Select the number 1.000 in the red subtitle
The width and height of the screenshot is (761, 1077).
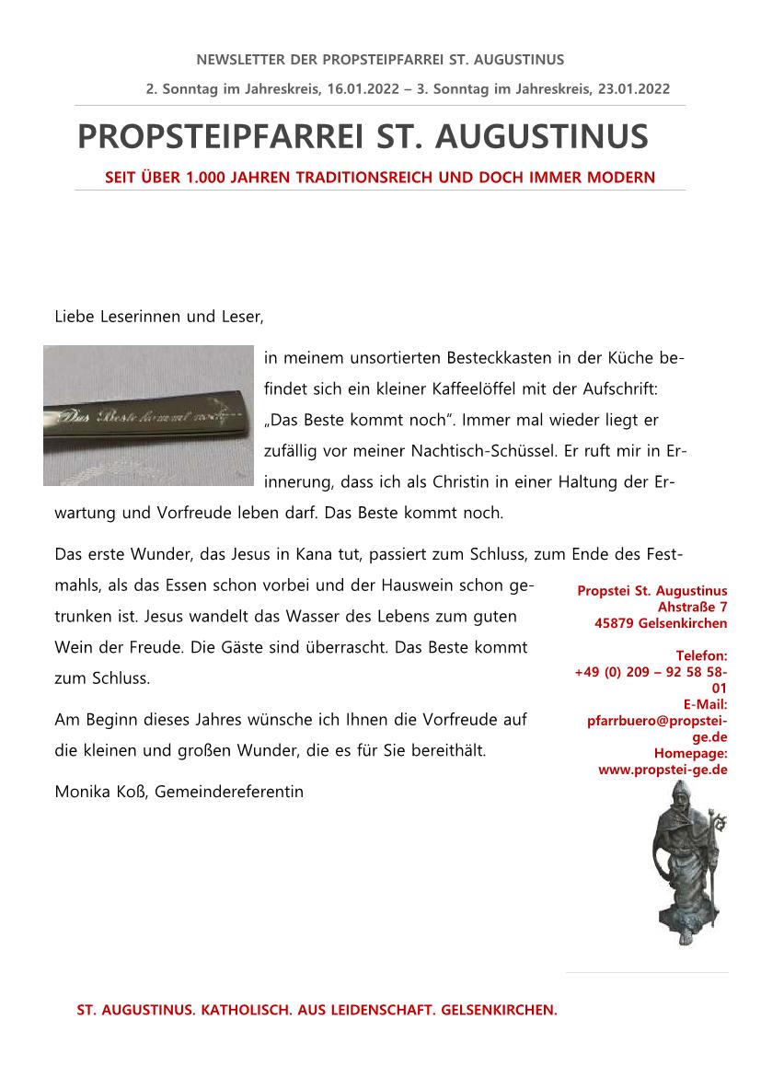(x=206, y=177)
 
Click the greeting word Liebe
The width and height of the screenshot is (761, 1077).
(x=75, y=318)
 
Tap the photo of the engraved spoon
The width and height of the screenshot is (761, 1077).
(x=147, y=415)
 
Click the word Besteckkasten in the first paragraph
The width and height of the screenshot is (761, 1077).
(x=493, y=356)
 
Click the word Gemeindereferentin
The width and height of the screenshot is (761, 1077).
(x=230, y=791)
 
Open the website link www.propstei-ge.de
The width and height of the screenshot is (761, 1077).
(x=663, y=770)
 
